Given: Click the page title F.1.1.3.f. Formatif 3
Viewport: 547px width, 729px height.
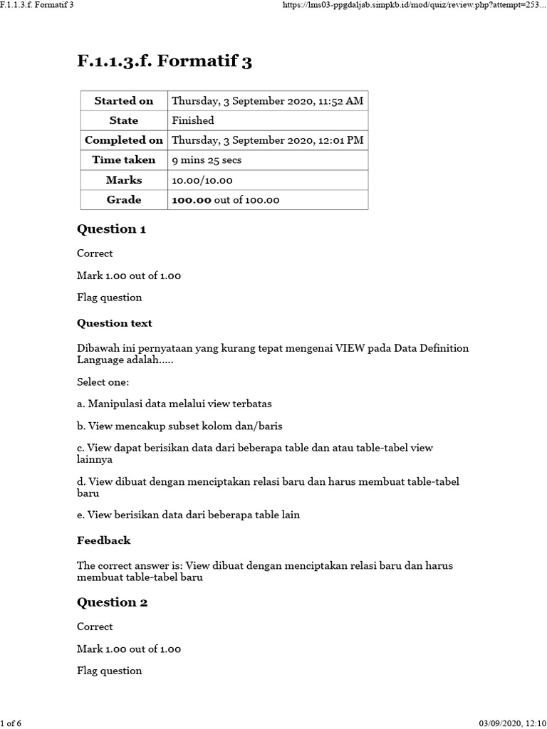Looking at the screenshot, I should click(x=165, y=62).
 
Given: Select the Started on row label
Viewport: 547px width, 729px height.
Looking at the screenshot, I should click(x=124, y=101).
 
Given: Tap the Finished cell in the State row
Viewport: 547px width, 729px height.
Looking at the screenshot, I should click(x=193, y=120).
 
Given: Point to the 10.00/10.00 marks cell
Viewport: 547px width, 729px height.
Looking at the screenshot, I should click(x=202, y=180).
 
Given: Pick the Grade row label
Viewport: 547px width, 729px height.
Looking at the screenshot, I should click(x=124, y=200).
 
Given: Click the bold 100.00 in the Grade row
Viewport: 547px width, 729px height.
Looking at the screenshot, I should click(x=192, y=200).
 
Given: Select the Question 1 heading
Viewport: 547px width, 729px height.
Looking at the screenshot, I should click(x=111, y=229).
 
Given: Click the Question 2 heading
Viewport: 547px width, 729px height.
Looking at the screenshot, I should click(x=112, y=602).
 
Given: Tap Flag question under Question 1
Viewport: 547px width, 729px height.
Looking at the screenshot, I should click(x=109, y=298).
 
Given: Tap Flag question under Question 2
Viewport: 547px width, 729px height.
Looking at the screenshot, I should click(x=109, y=671).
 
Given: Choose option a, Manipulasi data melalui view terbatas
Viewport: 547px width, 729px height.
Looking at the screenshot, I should click(x=174, y=404).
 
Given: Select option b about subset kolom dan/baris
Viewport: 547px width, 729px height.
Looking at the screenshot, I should click(x=179, y=426).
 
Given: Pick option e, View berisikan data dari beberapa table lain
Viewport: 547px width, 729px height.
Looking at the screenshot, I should click(x=188, y=515).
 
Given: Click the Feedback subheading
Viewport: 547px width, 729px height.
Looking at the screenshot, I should click(x=104, y=540).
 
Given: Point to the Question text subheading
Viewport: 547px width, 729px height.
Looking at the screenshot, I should click(x=115, y=323).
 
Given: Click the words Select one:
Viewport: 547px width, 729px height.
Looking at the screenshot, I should click(x=103, y=382).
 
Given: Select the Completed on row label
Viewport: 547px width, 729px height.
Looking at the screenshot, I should click(x=124, y=140).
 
